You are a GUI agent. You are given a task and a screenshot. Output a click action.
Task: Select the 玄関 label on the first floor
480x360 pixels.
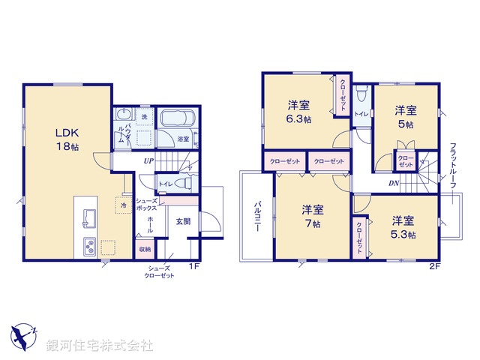[183, 221]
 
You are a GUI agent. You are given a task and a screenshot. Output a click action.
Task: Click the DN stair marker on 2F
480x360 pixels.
[393, 183]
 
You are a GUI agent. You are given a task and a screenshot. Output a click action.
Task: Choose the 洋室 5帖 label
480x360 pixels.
[406, 117]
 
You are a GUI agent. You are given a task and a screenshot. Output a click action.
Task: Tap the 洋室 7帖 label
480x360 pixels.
[312, 215]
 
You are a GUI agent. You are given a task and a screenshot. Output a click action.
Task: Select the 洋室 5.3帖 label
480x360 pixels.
[403, 227]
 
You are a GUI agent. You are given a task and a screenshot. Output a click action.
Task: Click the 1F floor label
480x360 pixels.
[193, 266]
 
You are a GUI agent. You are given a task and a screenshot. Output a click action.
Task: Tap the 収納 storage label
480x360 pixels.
[144, 249]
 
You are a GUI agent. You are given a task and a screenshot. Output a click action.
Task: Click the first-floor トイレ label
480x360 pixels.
[165, 183]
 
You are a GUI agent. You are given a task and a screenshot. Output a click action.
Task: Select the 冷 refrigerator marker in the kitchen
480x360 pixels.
[121, 205]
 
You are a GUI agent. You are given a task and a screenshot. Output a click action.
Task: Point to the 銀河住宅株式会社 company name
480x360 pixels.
[99, 346]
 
